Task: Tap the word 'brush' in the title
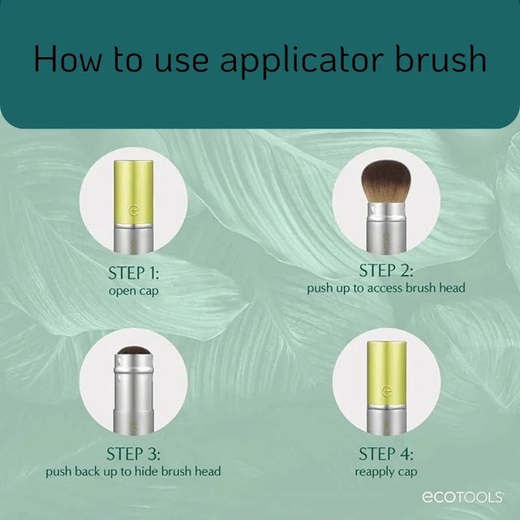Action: (x=441, y=58)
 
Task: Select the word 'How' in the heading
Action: (x=68, y=58)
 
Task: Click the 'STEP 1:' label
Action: (x=134, y=273)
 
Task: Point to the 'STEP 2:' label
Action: (x=386, y=270)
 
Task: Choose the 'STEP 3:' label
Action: (x=133, y=454)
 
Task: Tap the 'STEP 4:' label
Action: (x=386, y=454)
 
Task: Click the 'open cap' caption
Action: (x=134, y=291)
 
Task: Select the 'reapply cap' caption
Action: (x=386, y=472)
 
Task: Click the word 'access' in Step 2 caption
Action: (x=385, y=288)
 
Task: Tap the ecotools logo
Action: (x=463, y=497)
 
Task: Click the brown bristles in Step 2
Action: (x=386, y=181)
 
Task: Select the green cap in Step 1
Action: (x=134, y=192)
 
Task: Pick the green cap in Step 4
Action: (x=386, y=373)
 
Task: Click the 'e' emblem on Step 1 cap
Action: (x=134, y=210)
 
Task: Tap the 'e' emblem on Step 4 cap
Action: (x=387, y=391)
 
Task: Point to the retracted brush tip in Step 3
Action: (x=134, y=350)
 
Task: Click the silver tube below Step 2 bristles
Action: (x=386, y=228)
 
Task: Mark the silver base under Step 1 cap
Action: (x=134, y=239)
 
